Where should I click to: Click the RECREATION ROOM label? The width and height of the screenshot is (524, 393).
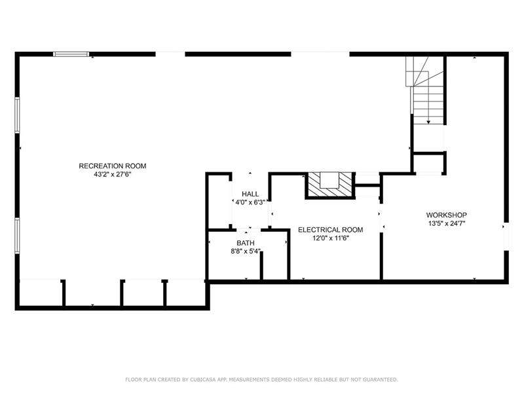point(112,166)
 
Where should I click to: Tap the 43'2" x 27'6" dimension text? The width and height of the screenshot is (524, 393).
point(113,174)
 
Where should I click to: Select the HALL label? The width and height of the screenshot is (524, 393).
point(250,194)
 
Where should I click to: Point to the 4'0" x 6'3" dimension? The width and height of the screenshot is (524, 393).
point(250,202)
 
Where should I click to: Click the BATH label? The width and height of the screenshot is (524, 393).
point(246,243)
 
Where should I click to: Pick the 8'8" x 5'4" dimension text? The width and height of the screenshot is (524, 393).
point(246,252)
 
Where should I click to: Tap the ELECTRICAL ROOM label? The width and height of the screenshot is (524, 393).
point(331,230)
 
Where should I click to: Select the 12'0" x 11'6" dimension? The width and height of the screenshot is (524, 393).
point(331,238)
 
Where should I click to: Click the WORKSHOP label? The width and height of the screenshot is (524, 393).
point(447,215)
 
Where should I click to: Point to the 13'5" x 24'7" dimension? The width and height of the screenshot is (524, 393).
point(447,223)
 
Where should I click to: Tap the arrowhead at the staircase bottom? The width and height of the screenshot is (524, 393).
point(428,122)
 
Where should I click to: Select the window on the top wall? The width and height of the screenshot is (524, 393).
point(71,54)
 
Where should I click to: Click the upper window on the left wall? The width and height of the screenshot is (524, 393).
point(17,115)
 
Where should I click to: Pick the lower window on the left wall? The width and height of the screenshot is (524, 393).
point(17,235)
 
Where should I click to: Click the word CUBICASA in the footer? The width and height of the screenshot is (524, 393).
point(204,379)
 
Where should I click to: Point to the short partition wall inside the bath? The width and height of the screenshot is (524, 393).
point(261,265)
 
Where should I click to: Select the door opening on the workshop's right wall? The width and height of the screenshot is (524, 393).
point(506,236)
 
